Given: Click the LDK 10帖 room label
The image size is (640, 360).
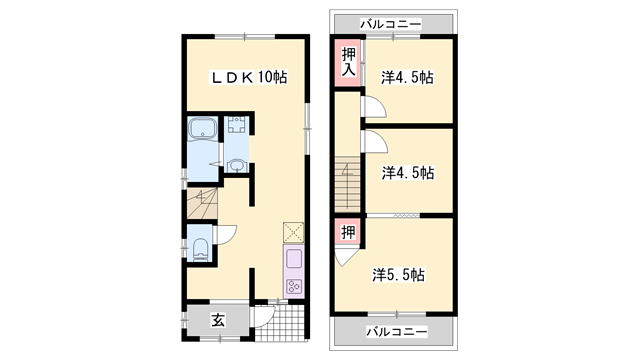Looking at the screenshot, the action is coord(249,77).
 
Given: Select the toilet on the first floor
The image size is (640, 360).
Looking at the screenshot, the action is coord(200,249).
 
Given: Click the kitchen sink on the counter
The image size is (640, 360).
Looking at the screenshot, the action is coord(294,259).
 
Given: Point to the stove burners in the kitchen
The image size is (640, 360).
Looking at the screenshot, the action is coord(294,286).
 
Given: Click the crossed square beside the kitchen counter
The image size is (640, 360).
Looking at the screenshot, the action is coord(293,233).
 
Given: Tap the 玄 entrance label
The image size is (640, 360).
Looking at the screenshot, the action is coord(218,320).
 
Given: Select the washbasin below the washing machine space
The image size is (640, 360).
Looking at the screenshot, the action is coord(236,166).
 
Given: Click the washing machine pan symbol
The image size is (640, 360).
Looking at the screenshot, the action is coord(237,124).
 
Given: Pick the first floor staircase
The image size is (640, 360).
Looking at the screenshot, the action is coord(202,204).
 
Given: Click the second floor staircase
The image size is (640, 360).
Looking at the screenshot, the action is coord(347,184).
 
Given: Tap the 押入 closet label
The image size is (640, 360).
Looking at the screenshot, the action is coord(348,62).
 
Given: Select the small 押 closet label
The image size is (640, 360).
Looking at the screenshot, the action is coord(348,232).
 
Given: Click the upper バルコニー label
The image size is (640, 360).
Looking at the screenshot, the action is coord(390,24).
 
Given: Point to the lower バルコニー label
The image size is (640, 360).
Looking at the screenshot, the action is coord(397,331).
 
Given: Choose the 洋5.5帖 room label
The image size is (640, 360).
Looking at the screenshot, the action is coord(398,275).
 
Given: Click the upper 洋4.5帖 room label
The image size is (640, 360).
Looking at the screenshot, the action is coord(407,77).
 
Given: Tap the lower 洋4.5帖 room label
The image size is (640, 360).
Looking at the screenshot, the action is coord(408,173).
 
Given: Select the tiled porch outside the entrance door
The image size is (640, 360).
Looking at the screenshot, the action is coord(280,322).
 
